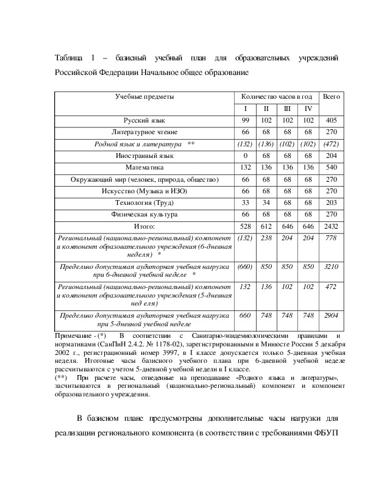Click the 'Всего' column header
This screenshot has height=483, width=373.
point(332,97)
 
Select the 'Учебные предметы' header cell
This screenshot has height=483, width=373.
point(144,97)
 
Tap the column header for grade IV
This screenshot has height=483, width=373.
point(308,109)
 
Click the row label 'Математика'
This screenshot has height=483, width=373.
point(144,167)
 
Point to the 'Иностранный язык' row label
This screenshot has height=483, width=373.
point(144,156)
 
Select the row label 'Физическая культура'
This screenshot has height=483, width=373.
point(144,215)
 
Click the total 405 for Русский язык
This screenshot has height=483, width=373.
point(332,121)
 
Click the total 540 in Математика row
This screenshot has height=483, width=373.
point(332,167)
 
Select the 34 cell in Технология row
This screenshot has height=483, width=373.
point(266,202)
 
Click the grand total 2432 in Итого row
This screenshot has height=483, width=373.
point(332,226)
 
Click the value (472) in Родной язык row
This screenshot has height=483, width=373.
point(332,144)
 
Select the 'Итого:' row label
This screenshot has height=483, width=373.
point(144,226)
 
